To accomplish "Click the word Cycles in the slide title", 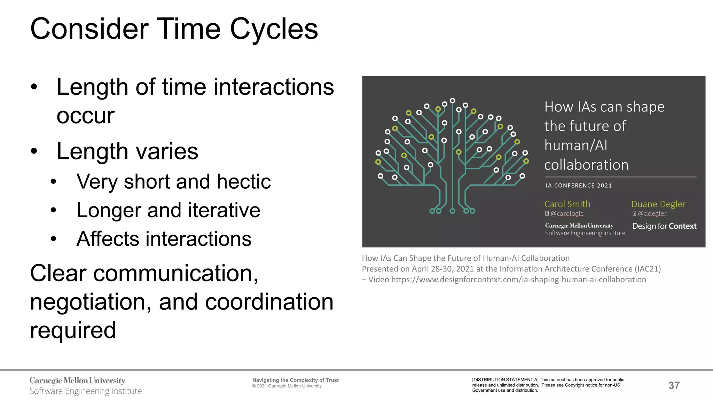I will point(274,29).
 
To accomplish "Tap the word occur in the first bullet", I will point(85,116).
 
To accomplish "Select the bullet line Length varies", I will point(127,151).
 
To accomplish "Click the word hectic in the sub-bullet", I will point(243,182).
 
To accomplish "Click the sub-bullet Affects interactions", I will point(164,239).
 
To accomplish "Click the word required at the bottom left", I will point(73,330).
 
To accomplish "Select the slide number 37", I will point(674,385).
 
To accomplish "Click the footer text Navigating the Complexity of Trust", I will point(295,380).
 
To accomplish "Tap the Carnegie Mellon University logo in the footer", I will point(77,381).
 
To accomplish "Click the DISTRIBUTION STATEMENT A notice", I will point(548,385).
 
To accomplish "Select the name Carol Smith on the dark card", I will point(567,204).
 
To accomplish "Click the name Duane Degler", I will point(658,204).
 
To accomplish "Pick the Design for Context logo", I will point(664,226).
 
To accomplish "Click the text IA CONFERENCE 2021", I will point(579,186).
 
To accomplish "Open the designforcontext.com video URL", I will point(518,280).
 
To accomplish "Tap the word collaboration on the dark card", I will point(586,165).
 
